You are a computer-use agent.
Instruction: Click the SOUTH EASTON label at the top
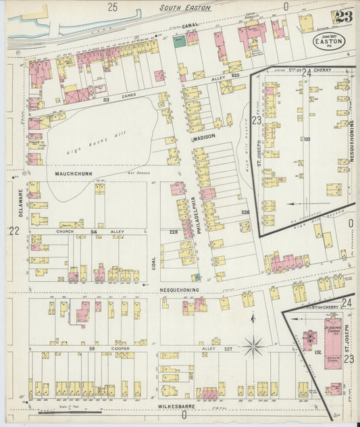[x=185, y=8]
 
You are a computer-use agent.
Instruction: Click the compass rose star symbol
[x=255, y=347]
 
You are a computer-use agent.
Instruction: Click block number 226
[x=245, y=212]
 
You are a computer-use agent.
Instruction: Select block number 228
[x=174, y=233]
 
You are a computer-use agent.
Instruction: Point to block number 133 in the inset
[x=307, y=139]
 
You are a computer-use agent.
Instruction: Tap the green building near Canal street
[x=180, y=41]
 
